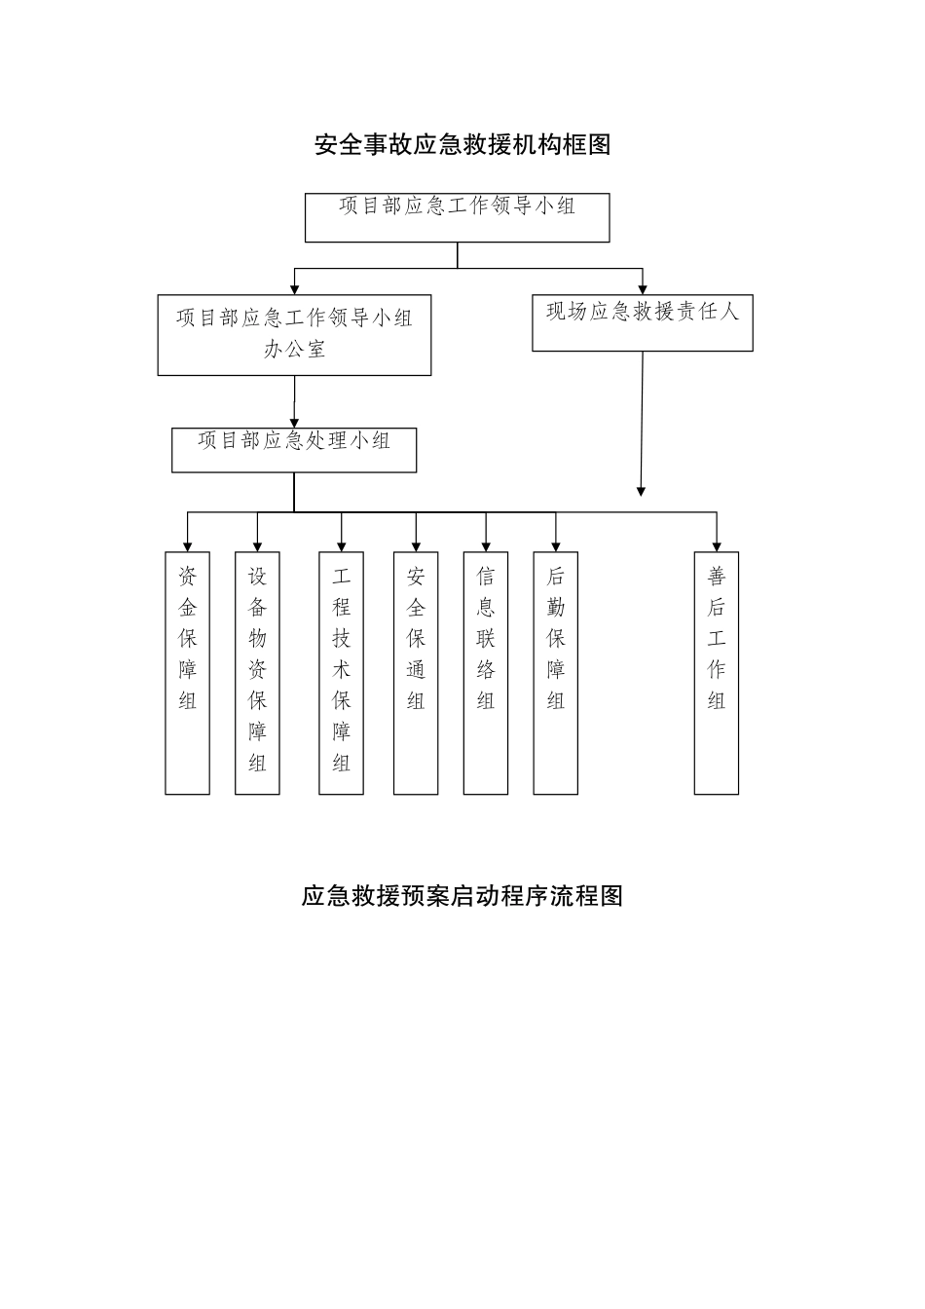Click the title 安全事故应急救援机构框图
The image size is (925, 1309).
coord(462,145)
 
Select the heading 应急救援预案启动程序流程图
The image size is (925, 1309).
coord(462,896)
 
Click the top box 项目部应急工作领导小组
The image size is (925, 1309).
coord(457,217)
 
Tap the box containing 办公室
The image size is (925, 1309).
coord(294,335)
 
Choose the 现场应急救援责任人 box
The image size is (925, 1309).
coord(642,322)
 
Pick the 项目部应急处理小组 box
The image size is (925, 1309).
coord(294,449)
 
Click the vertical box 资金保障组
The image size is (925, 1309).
coord(187,672)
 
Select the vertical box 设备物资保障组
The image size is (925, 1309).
coord(257,672)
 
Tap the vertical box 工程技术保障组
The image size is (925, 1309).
coord(341,672)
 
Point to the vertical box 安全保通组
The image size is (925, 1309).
coord(416,672)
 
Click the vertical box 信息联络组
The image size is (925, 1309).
coord(485,672)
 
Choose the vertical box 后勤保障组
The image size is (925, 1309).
coord(555,672)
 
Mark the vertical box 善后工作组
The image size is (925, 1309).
coord(716,672)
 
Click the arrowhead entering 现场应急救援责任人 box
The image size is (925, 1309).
coord(643,287)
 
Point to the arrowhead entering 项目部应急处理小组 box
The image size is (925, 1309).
coord(294,421)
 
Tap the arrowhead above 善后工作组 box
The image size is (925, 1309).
coord(717,545)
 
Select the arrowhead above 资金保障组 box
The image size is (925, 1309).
coord(187,545)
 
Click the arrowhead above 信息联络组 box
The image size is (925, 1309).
coord(486,545)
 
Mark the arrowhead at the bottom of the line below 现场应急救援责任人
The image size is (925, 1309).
coord(641,491)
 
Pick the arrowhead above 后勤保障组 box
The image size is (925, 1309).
coord(556,545)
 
